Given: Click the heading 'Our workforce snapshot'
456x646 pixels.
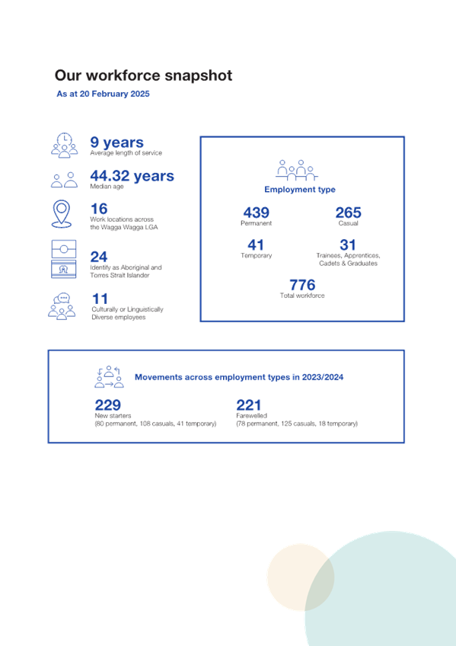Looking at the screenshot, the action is (x=144, y=75).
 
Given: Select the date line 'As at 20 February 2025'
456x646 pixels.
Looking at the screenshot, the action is (x=103, y=94).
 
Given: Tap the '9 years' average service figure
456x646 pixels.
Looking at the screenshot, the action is (x=117, y=142).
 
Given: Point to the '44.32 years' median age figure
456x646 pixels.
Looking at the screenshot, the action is (x=132, y=176).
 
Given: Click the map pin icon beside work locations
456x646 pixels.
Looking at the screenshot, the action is (x=62, y=214).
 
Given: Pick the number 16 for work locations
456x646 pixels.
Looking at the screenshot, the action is (x=99, y=209).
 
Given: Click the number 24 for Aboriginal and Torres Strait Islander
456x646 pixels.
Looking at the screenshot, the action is (x=99, y=257).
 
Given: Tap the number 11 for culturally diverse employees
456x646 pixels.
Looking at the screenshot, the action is (x=100, y=299).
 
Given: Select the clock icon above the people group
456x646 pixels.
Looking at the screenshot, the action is (x=64, y=139).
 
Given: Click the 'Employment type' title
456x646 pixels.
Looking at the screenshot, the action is (x=300, y=190).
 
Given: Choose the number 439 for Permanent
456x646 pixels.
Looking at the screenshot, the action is (x=256, y=213).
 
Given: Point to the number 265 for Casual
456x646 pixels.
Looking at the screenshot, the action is (x=348, y=213).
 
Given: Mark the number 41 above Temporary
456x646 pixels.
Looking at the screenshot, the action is (x=256, y=245).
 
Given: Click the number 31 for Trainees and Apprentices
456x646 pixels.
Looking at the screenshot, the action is (x=348, y=245).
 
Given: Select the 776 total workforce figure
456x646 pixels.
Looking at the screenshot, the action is (x=302, y=285).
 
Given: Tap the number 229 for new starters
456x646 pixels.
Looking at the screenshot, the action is (x=108, y=405).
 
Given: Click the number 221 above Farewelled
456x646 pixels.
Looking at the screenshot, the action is (x=249, y=405).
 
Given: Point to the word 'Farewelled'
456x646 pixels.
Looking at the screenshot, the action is (x=251, y=416).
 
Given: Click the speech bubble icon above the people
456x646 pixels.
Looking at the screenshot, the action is (x=62, y=298).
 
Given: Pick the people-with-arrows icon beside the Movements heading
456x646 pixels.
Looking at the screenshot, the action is (x=109, y=376).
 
